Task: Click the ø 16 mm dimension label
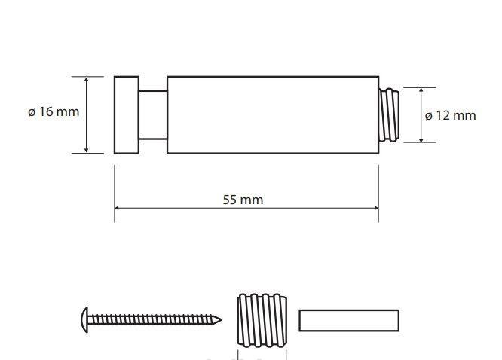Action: (x=54, y=112)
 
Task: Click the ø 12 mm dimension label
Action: (x=450, y=115)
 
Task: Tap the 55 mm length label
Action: (x=243, y=200)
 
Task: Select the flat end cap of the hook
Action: (x=127, y=115)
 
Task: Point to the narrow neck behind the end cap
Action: (x=153, y=115)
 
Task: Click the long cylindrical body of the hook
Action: (x=273, y=115)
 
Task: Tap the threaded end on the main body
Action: (x=389, y=115)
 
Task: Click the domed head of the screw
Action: (x=84, y=320)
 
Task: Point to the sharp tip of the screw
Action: (x=220, y=319)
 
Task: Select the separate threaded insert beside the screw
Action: (x=262, y=320)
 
